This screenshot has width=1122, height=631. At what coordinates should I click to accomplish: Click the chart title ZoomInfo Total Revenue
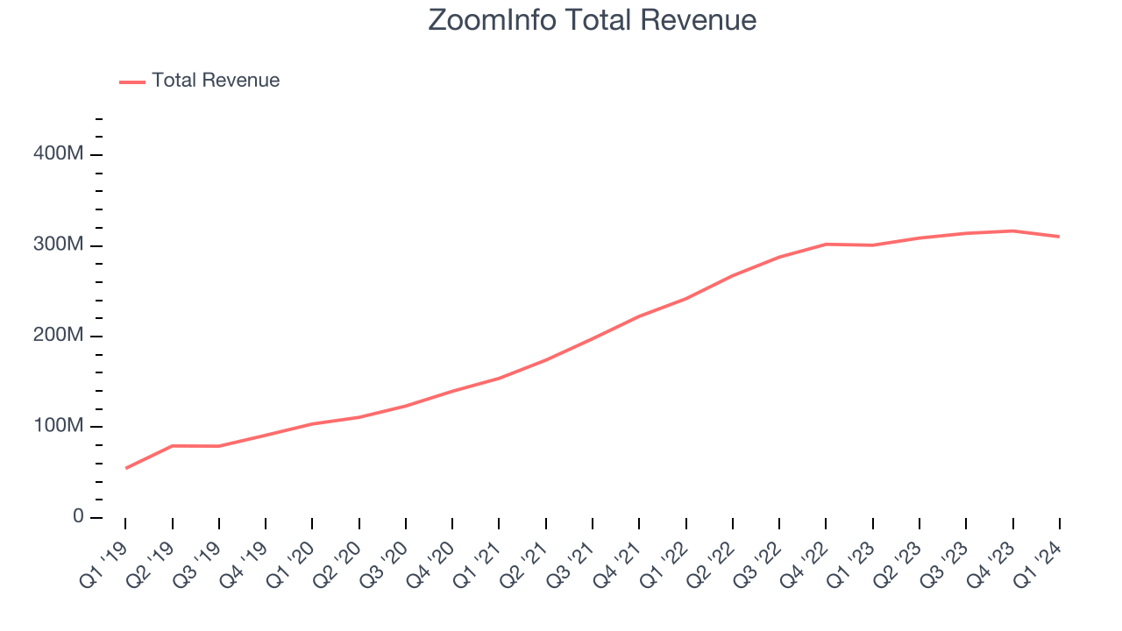tap(592, 20)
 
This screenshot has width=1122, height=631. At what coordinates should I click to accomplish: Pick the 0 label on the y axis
tap(77, 517)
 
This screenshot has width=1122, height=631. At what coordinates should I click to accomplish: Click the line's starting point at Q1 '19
tap(125, 468)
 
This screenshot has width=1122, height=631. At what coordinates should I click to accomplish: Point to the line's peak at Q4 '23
tap(1013, 230)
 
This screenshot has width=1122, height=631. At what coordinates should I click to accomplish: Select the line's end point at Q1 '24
tap(1060, 237)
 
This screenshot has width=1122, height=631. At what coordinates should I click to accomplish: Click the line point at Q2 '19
tap(173, 446)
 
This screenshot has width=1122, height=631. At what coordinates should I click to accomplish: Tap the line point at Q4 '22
tap(827, 244)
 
